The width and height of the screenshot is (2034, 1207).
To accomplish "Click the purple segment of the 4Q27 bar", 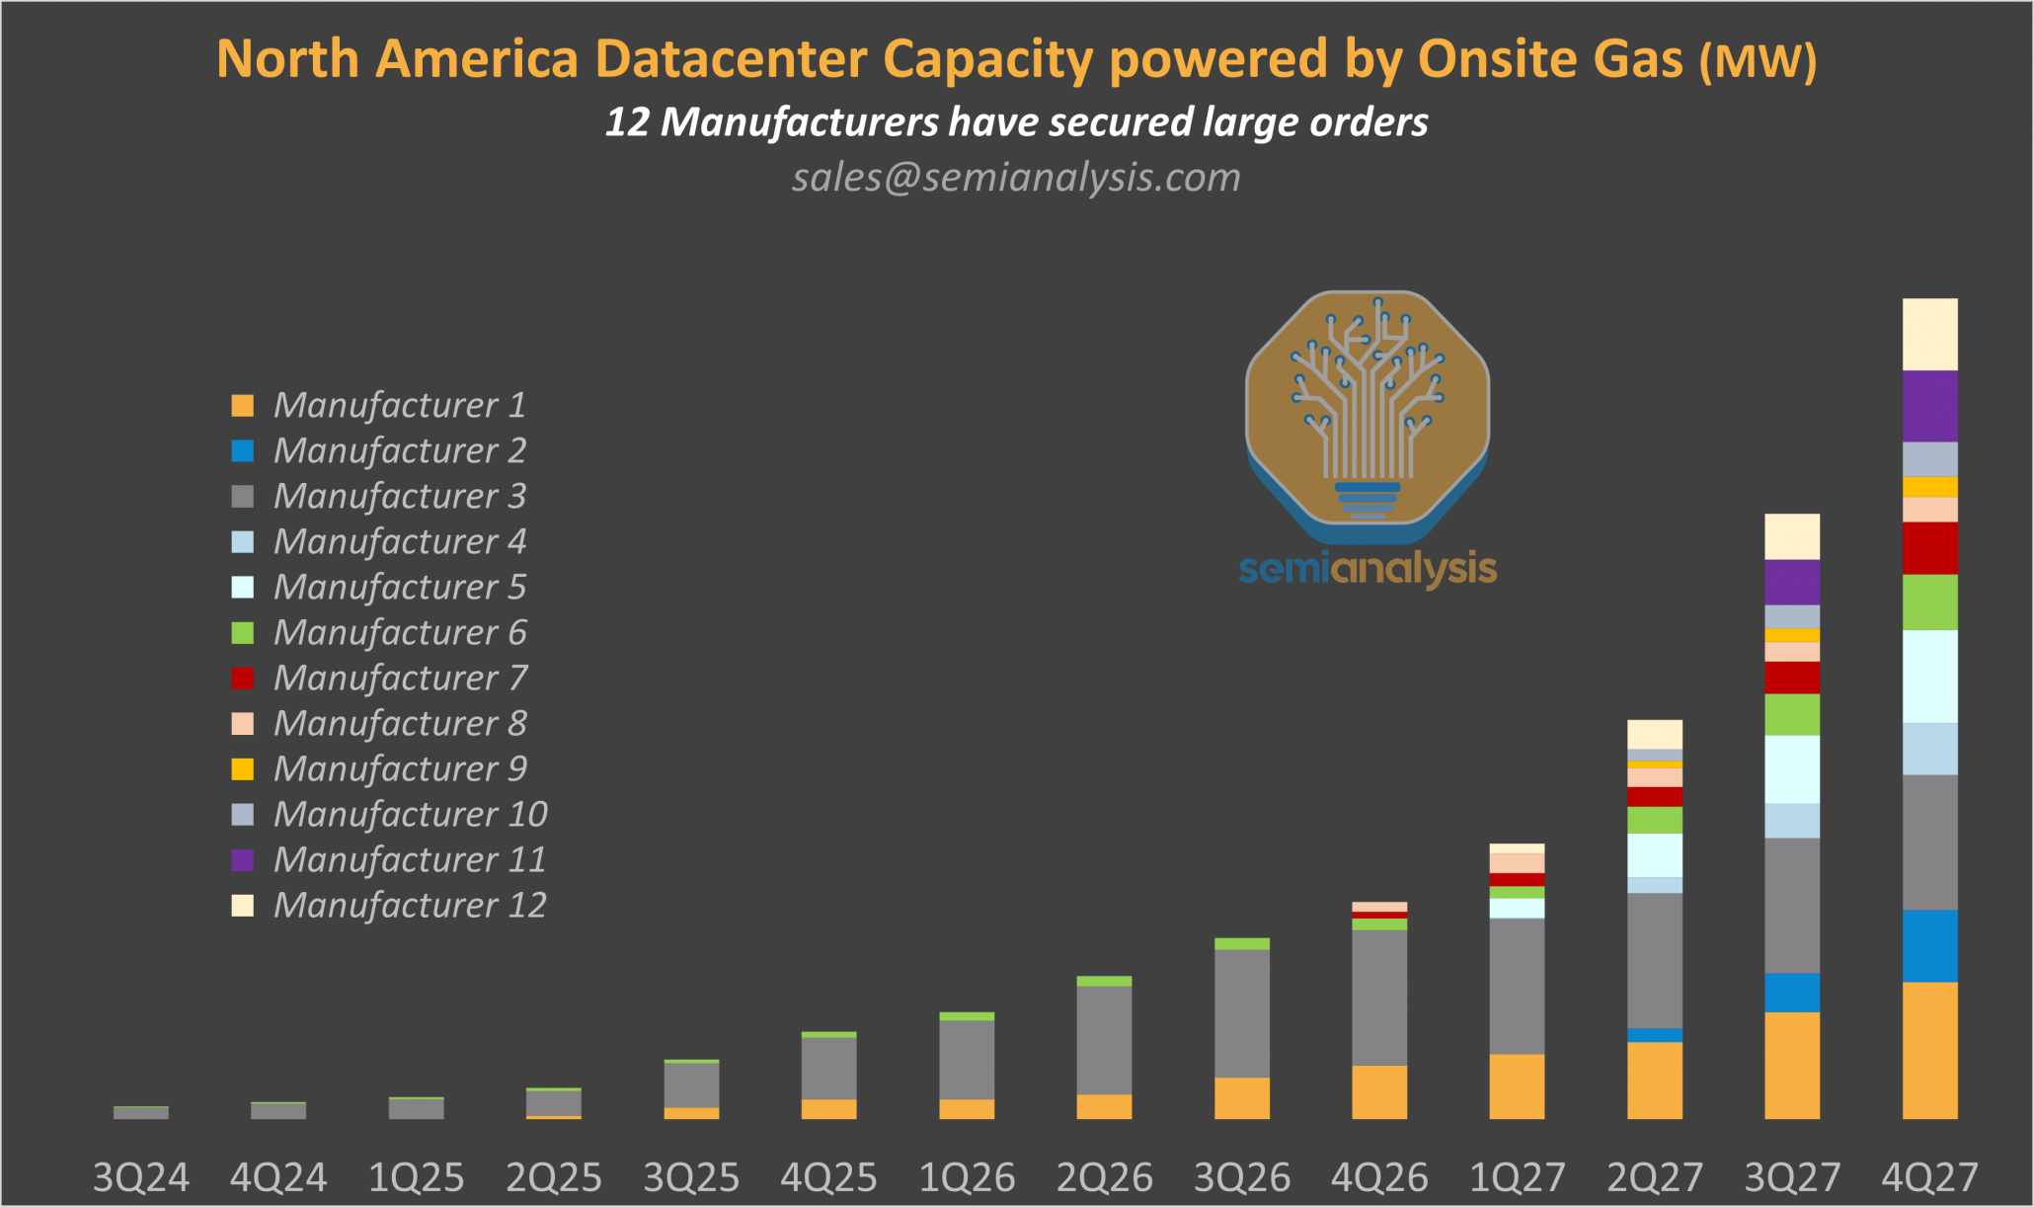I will pos(1929,406).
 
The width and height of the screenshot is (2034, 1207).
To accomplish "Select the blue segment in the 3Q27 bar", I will pos(1791,993).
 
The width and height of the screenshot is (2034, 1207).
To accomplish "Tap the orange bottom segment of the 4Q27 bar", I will pos(1929,1050).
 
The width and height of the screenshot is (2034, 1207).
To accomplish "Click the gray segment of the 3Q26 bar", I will pos(1241,1012).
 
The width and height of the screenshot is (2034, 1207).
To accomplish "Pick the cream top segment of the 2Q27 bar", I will pos(1654,734).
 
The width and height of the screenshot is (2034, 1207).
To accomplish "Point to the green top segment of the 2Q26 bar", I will pos(1104,981).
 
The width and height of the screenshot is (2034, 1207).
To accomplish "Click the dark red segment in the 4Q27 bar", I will pos(1929,548).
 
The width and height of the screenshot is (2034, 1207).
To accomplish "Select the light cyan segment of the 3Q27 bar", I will pos(1791,768).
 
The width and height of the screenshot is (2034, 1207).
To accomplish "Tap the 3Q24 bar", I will pos(141,1112).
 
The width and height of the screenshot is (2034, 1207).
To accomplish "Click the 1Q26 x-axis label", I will pos(967,1177).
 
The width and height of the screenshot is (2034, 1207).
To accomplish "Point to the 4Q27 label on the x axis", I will pos(1929,1177).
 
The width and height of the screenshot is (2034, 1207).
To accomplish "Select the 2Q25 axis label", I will pos(554,1177).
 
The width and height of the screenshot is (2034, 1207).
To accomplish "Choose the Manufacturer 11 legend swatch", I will pos(243,859).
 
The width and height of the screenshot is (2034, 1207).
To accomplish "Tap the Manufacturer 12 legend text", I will pos(410,905).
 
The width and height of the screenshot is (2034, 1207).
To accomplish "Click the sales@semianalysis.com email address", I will pos(1016,178).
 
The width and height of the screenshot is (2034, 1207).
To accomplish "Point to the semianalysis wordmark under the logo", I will pos(1367,570).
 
